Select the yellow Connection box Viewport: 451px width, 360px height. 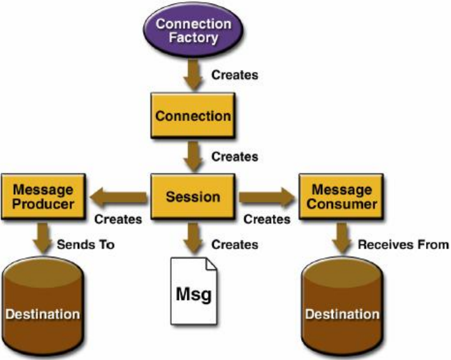(193, 116)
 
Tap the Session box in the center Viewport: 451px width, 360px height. (193, 197)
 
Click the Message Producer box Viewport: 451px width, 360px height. (44, 196)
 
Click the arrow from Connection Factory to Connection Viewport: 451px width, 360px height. (192, 76)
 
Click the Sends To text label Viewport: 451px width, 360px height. (86, 245)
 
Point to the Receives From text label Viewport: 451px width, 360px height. (404, 245)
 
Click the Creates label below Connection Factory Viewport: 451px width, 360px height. (235, 75)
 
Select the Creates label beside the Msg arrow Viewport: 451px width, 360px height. (235, 245)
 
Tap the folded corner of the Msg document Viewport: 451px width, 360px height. (210, 265)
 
